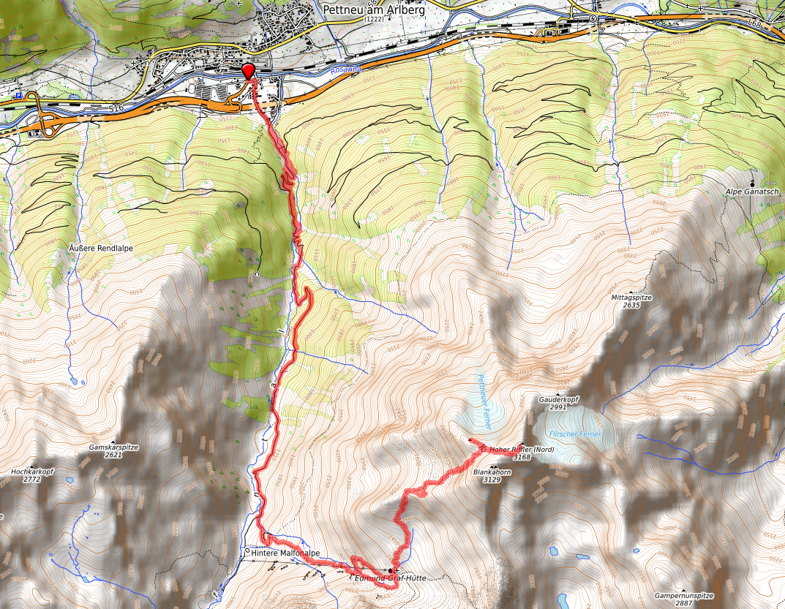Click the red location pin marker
pyautogui.click(x=248, y=71)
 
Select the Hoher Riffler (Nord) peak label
pyautogui.click(x=522, y=449)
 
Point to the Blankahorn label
pyautogui.click(x=492, y=472)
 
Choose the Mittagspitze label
pyautogui.click(x=631, y=298)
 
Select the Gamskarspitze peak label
pyautogui.click(x=113, y=447)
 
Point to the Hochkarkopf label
pyautogui.click(x=32, y=472)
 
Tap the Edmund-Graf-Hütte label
pyautogui.click(x=389, y=578)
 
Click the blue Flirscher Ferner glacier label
pyautogui.click(x=575, y=434)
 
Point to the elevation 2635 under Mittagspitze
pyautogui.click(x=631, y=306)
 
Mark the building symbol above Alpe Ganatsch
pyautogui.click(x=753, y=182)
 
